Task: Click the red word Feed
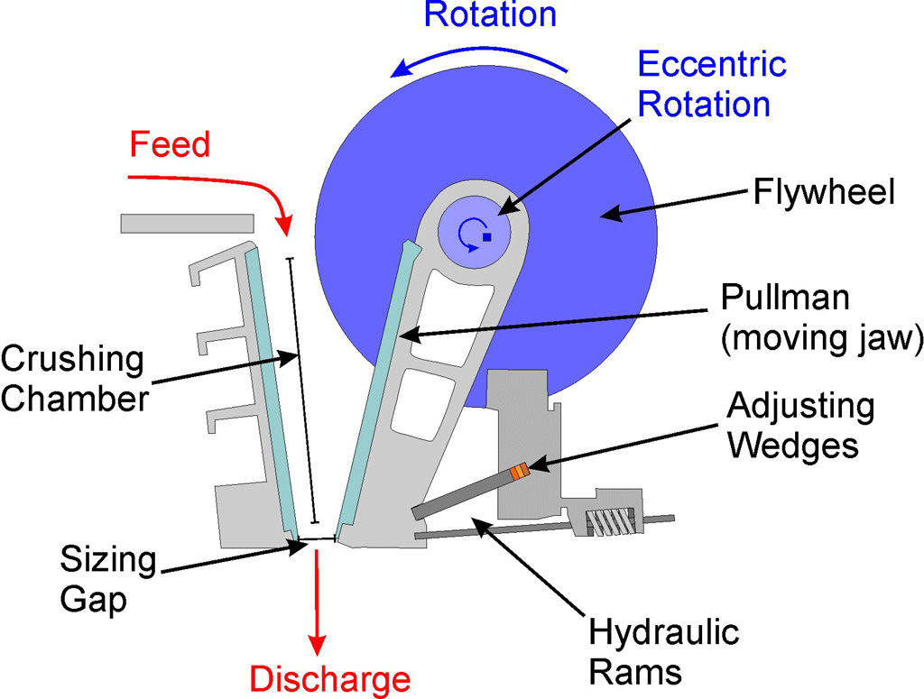[170, 145]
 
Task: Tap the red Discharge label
[330, 679]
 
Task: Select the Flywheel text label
[825, 192]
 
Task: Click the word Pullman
[785, 297]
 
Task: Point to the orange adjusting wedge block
[519, 472]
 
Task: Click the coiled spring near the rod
[611, 521]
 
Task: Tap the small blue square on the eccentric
[486, 236]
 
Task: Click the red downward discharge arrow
[318, 602]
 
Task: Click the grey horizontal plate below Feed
[188, 224]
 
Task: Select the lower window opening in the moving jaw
[422, 403]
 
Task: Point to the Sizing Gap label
[108, 579]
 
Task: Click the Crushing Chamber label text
[74, 379]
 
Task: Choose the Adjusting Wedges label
[801, 425]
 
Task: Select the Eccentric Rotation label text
[712, 84]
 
